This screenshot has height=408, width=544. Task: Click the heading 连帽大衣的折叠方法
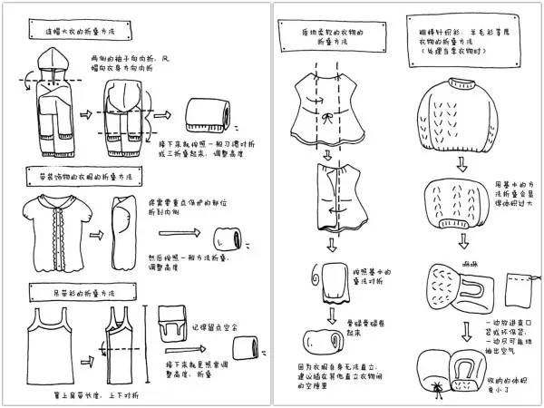[90, 30]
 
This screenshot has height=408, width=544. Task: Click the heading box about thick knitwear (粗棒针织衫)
[463, 35]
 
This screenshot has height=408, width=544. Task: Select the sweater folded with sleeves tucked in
[461, 200]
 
